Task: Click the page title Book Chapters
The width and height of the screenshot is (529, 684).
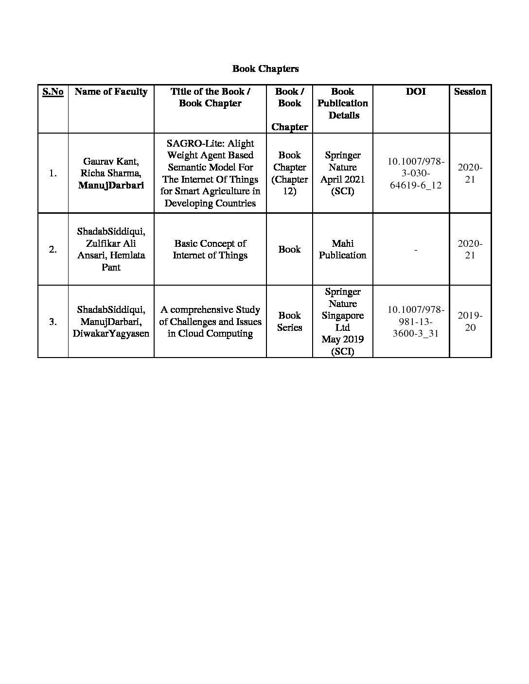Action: pyautogui.click(x=265, y=68)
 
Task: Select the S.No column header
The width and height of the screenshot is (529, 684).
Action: pyautogui.click(x=53, y=92)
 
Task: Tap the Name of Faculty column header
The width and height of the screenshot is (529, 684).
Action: pyautogui.click(x=111, y=92)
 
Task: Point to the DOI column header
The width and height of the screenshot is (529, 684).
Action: pyautogui.click(x=415, y=92)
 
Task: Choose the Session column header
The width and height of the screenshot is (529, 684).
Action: pyautogui.click(x=470, y=92)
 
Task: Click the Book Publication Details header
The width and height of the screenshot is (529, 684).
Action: pyautogui.click(x=342, y=103)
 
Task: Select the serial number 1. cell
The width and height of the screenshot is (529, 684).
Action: pyautogui.click(x=53, y=173)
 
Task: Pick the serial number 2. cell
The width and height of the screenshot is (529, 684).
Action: pyautogui.click(x=53, y=249)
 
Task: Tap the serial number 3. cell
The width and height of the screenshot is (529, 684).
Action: pyautogui.click(x=53, y=322)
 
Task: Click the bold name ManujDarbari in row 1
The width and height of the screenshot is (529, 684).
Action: pyautogui.click(x=111, y=185)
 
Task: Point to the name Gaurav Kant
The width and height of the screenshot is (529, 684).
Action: pyautogui.click(x=111, y=161)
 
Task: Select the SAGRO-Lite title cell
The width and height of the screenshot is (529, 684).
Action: pyautogui.click(x=210, y=173)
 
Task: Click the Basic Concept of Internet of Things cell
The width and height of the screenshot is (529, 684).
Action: pyautogui.click(x=210, y=249)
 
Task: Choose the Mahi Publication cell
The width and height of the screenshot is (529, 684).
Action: pyautogui.click(x=342, y=249)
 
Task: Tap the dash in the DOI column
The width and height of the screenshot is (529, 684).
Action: pyautogui.click(x=415, y=250)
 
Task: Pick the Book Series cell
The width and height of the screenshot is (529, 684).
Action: pyautogui.click(x=289, y=322)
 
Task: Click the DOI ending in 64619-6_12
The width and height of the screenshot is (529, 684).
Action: pyautogui.click(x=415, y=173)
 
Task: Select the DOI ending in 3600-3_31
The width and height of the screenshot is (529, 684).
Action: pyautogui.click(x=415, y=322)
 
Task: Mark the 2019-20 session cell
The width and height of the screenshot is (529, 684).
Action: pyautogui.click(x=470, y=322)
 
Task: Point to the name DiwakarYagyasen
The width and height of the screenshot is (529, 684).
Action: pyautogui.click(x=111, y=333)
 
